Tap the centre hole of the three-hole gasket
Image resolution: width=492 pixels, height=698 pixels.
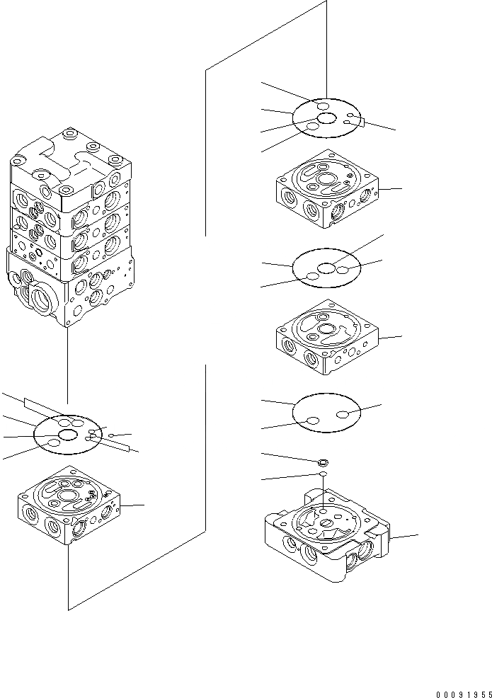326,268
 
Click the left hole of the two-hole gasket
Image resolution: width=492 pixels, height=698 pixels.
311,422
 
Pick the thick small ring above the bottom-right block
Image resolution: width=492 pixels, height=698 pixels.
322,461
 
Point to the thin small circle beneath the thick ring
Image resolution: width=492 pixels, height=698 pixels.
322,474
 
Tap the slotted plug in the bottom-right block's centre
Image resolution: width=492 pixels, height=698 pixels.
328,524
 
